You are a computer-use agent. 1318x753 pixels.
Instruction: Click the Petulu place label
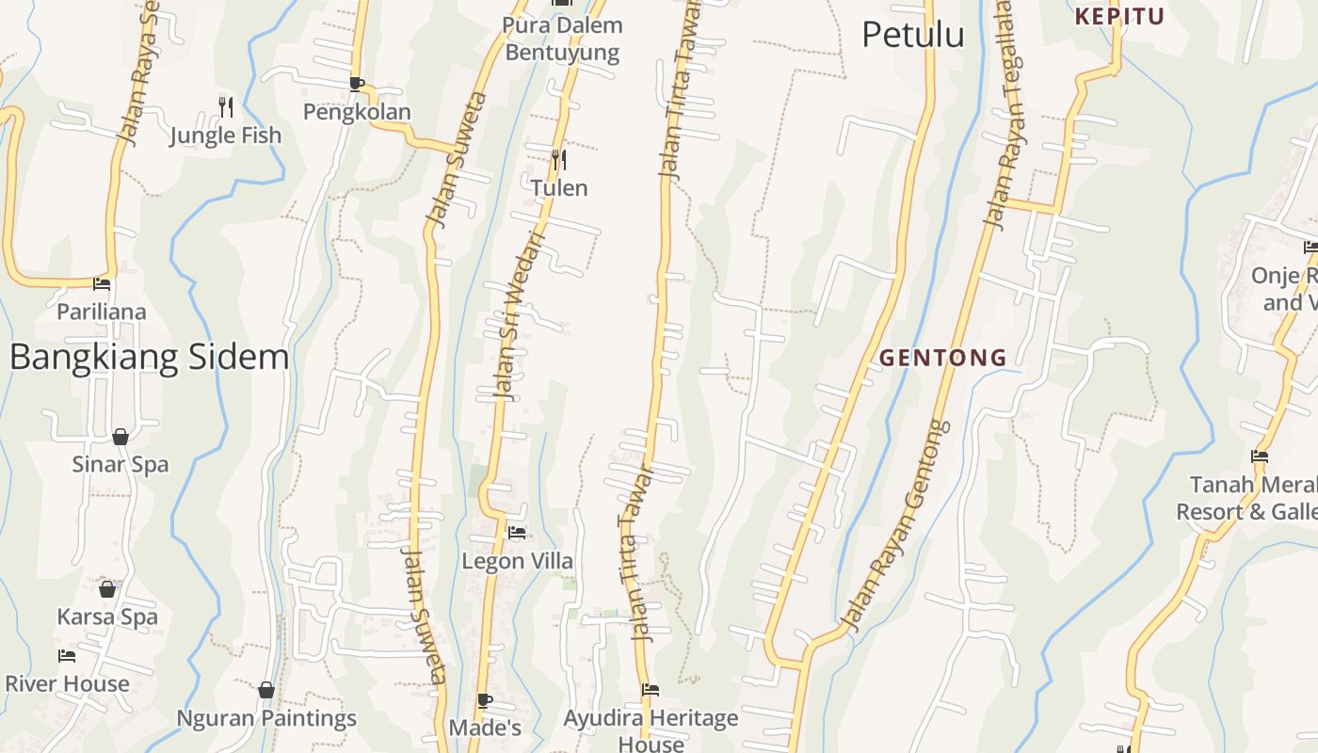[x=913, y=35]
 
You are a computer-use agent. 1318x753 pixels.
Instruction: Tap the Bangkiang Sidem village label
[x=150, y=358]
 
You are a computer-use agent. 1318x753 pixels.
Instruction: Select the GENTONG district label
[x=943, y=358]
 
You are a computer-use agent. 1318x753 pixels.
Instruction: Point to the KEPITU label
[x=1119, y=16]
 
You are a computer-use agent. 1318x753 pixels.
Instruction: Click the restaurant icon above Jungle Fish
[x=225, y=106]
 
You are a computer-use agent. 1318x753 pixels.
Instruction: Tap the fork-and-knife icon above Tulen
[x=558, y=159]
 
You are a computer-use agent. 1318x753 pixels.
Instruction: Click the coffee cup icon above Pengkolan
[x=357, y=84]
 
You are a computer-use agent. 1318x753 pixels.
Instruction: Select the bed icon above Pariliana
[x=102, y=283]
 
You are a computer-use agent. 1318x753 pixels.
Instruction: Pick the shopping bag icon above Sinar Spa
[x=121, y=437]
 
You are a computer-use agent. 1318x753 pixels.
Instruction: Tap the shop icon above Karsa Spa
[x=107, y=589]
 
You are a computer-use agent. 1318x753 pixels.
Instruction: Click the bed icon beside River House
[x=66, y=655]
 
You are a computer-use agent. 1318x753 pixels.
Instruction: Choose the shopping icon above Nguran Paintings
[x=266, y=691]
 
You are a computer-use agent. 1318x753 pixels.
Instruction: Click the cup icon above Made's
[x=484, y=700]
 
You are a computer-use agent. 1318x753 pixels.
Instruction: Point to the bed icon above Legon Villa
[x=516, y=533]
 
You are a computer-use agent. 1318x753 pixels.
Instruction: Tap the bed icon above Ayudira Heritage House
[x=650, y=690]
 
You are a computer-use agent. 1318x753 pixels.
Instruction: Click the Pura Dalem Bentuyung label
[x=563, y=39]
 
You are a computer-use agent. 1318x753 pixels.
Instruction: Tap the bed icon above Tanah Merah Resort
[x=1260, y=457]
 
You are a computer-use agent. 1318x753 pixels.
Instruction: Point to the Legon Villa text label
[x=517, y=562]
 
